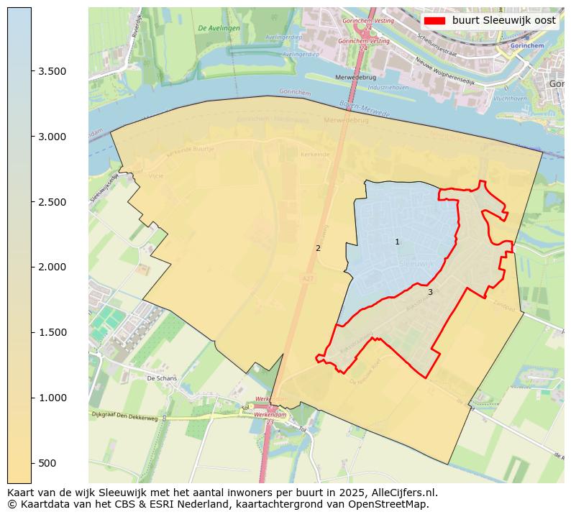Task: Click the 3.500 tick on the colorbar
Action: click(51, 71)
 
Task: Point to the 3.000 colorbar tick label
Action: click(51, 137)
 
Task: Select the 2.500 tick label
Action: click(51, 202)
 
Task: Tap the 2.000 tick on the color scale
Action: click(51, 267)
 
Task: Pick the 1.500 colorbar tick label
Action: click(51, 332)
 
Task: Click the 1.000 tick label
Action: click(51, 398)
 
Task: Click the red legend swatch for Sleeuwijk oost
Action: click(434, 21)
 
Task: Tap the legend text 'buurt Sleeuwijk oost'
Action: click(503, 21)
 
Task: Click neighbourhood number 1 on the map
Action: click(397, 242)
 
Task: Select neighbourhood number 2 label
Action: click(318, 249)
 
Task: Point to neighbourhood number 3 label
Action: click(430, 293)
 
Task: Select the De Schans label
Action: click(161, 378)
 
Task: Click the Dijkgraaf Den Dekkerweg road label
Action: click(124, 415)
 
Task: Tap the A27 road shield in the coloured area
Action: click(308, 278)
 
